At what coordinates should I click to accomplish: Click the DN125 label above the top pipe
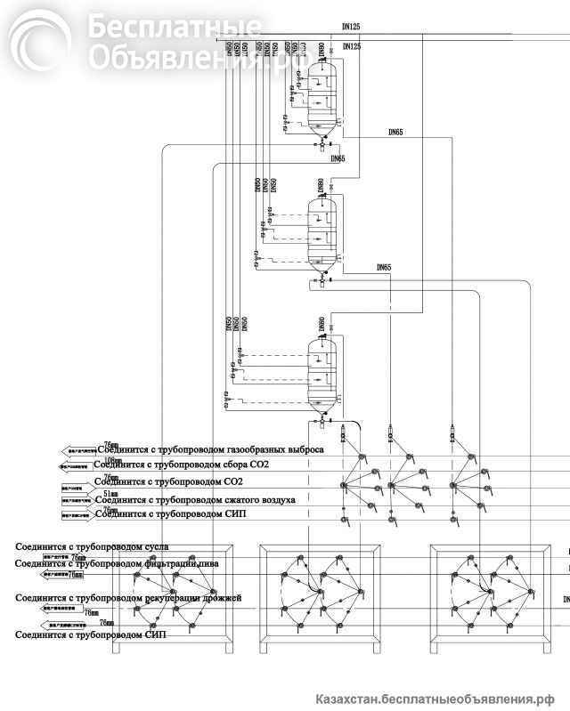(352, 28)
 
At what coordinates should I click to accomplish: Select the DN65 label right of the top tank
(395, 133)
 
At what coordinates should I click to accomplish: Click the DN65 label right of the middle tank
(384, 267)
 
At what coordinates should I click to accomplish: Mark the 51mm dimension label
(110, 493)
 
